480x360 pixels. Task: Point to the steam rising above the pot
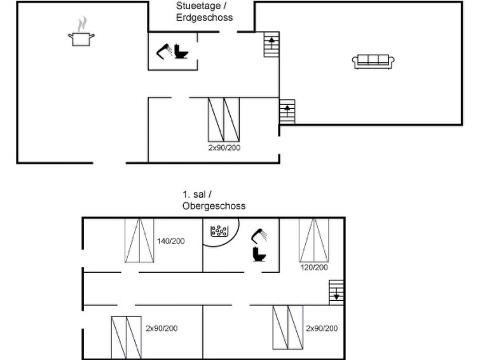click(82, 24)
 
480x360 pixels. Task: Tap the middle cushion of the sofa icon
click(373, 59)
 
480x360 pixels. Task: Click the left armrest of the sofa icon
click(355, 61)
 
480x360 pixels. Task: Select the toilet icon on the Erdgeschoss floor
click(181, 52)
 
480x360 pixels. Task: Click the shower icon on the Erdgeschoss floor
click(164, 51)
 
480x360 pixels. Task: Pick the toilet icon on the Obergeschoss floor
click(259, 254)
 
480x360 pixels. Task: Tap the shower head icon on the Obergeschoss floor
click(259, 235)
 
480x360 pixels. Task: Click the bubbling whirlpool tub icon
click(219, 231)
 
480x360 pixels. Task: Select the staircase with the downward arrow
click(336, 292)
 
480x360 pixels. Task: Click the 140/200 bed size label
click(171, 241)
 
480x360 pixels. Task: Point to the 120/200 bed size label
click(314, 268)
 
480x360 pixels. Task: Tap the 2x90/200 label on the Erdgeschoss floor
click(224, 148)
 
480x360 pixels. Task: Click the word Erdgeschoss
click(205, 17)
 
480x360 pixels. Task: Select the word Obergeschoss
click(214, 205)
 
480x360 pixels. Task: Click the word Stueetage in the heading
click(198, 6)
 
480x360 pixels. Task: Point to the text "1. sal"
click(194, 194)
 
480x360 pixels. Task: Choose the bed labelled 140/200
click(139, 240)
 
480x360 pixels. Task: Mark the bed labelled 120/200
click(314, 240)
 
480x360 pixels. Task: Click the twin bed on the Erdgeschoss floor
click(224, 120)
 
